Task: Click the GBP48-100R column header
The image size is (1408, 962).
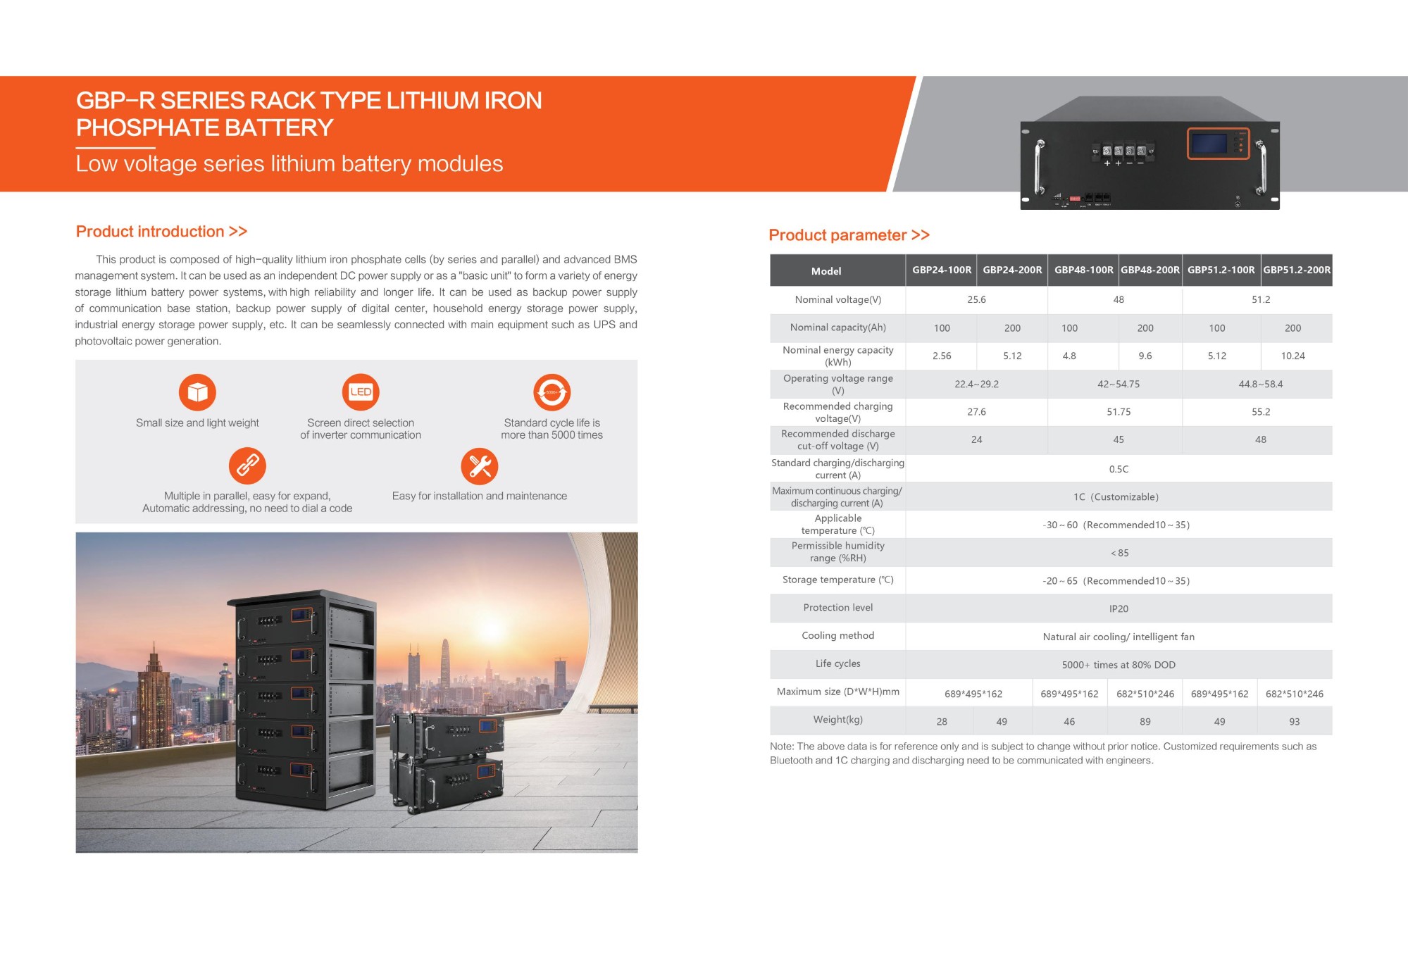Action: pyautogui.click(x=1083, y=270)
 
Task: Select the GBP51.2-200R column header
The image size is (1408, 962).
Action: pyautogui.click(x=1297, y=270)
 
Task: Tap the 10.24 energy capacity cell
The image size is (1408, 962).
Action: pyautogui.click(x=1292, y=356)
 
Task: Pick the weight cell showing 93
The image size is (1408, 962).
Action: pyautogui.click(x=1294, y=722)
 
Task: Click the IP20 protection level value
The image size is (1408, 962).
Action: pyautogui.click(x=1119, y=609)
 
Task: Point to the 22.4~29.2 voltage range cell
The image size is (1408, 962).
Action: pyautogui.click(x=976, y=385)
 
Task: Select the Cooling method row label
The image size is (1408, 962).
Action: pyautogui.click(x=837, y=636)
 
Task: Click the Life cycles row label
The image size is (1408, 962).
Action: pyautogui.click(x=837, y=664)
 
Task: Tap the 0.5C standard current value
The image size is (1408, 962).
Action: pyautogui.click(x=1119, y=470)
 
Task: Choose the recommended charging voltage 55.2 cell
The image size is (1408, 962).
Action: pyautogui.click(x=1260, y=412)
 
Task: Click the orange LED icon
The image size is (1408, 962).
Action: pyautogui.click(x=361, y=392)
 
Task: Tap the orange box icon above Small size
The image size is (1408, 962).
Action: pyautogui.click(x=197, y=392)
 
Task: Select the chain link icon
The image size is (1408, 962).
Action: pyautogui.click(x=247, y=466)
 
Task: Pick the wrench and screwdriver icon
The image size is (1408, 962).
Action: pyautogui.click(x=480, y=466)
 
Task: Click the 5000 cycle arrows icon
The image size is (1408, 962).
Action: pyautogui.click(x=552, y=392)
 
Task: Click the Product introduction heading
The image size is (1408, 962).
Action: pyautogui.click(x=161, y=232)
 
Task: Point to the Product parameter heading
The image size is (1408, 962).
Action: pyautogui.click(x=849, y=235)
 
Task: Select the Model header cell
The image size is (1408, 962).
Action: pyautogui.click(x=826, y=271)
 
